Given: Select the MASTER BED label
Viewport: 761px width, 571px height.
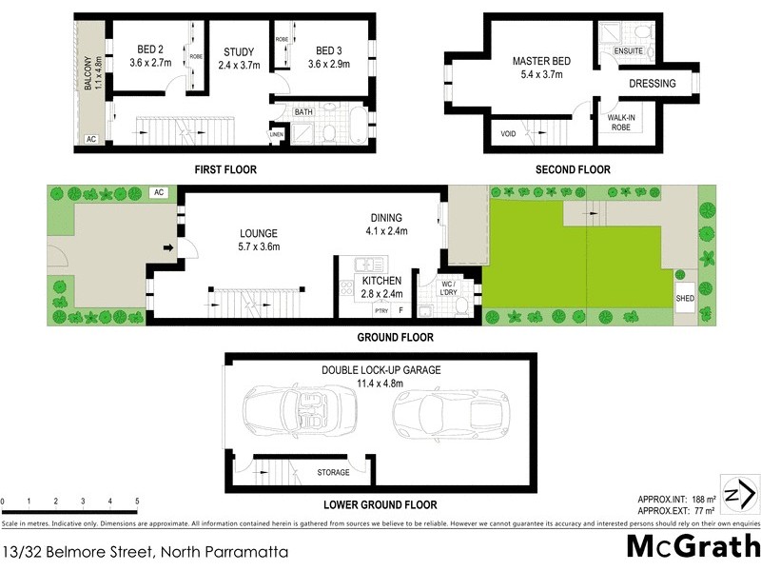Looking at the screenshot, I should (541, 61).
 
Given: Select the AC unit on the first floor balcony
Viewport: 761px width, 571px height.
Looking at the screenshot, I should (91, 139).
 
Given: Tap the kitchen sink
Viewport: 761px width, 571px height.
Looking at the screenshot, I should (365, 266).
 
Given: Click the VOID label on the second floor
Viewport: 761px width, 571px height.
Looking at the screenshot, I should (509, 134).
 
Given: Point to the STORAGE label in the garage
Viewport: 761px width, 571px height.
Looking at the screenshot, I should (333, 472).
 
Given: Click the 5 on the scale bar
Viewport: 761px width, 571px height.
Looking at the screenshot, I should (137, 502).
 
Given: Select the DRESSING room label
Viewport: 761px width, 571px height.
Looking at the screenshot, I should (653, 84).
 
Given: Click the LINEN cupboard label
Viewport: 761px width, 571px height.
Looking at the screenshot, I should (277, 134).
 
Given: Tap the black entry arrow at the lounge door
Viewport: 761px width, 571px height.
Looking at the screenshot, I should (169, 249).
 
